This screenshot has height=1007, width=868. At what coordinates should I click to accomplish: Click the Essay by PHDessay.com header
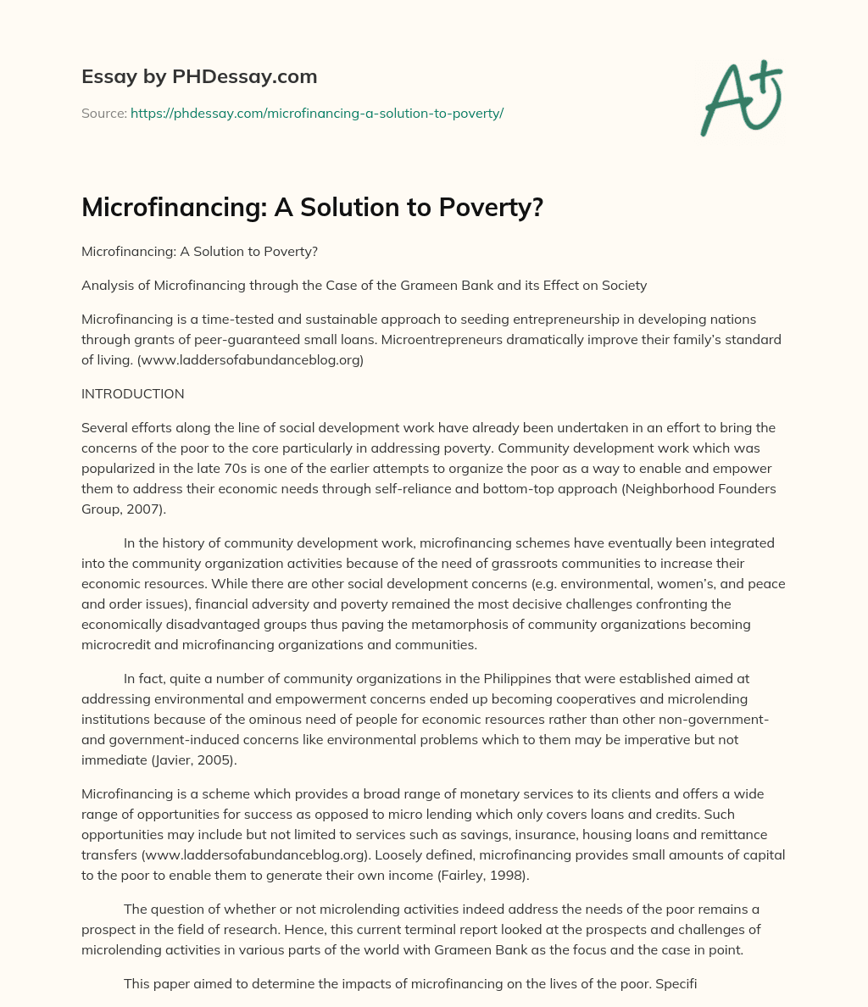pos(199,77)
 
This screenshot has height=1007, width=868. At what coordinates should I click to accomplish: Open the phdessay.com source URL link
pos(317,113)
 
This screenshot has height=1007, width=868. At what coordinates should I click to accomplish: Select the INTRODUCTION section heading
pos(132,394)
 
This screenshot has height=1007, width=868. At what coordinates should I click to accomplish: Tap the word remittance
pos(748,834)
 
